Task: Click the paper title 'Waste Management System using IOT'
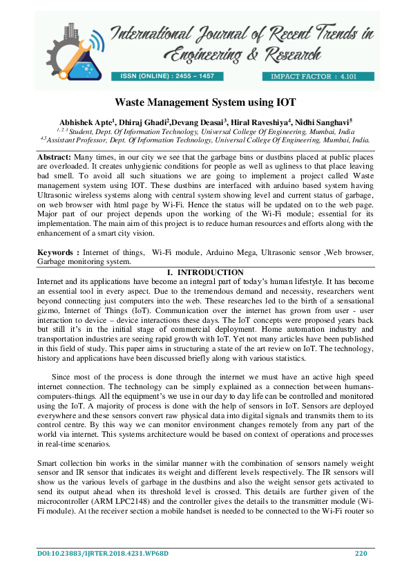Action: [205, 102]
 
